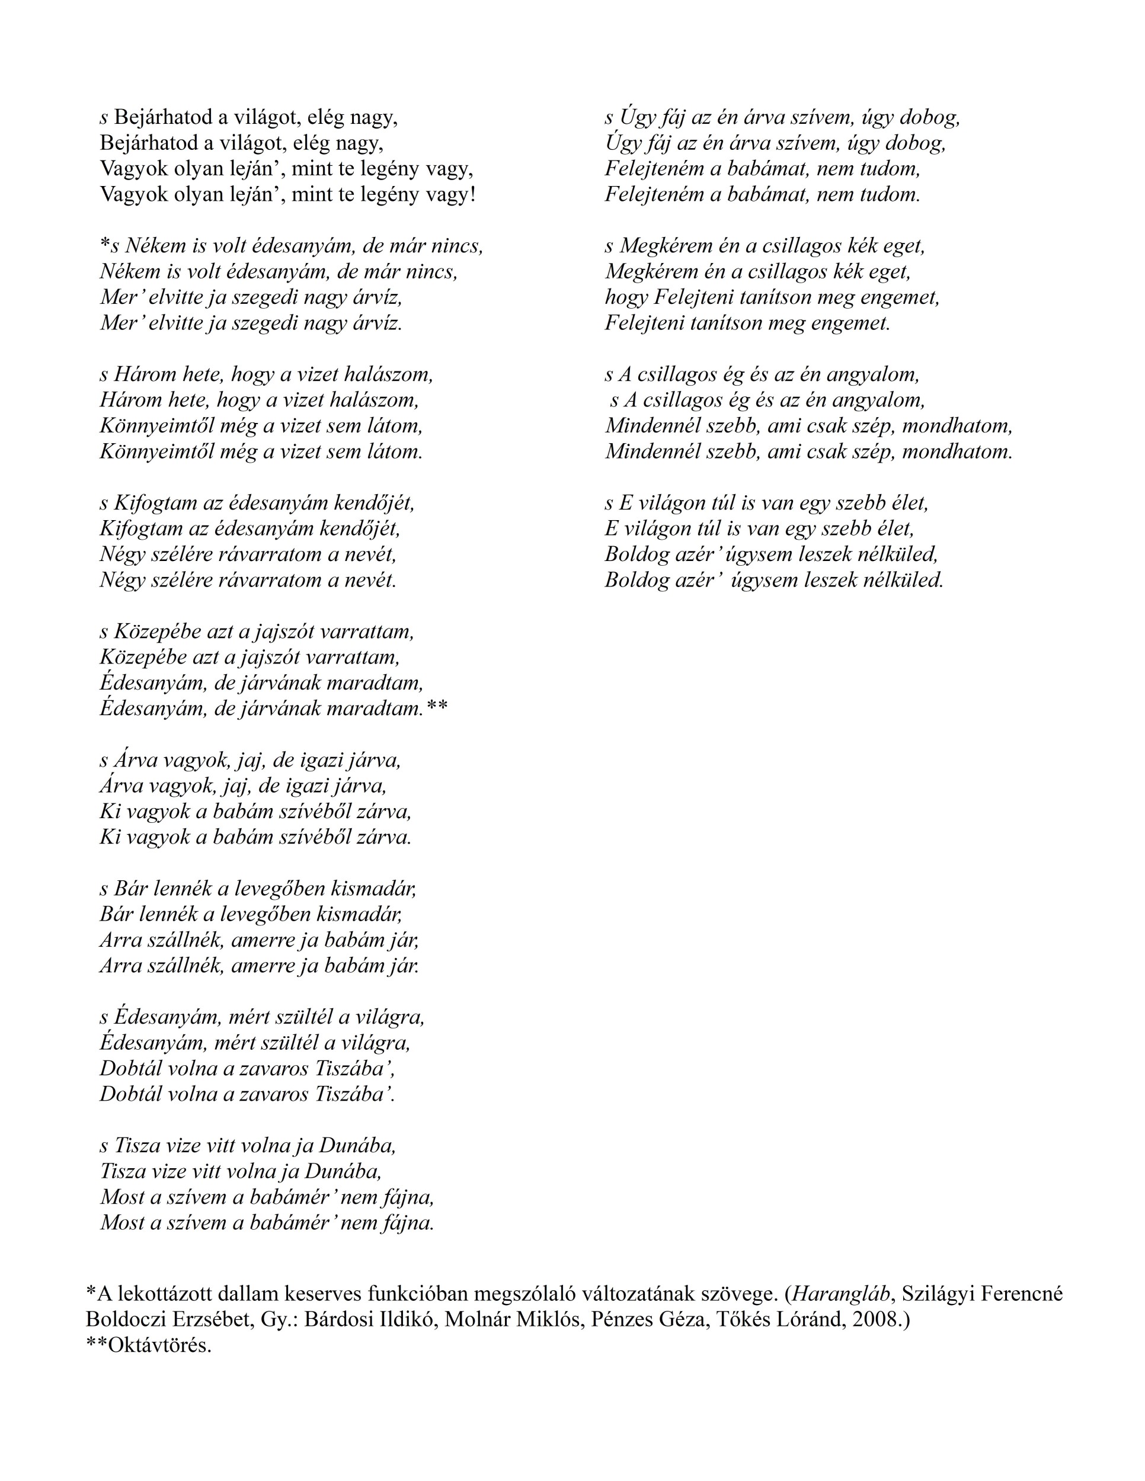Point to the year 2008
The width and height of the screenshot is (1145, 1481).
(877, 1319)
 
